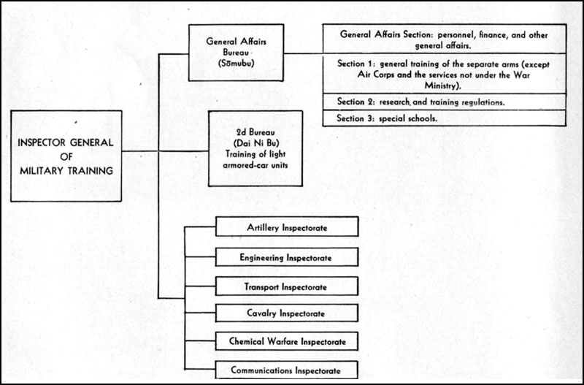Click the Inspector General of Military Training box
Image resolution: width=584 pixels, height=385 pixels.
[66, 156]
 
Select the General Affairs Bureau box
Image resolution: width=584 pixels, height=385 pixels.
[236, 53]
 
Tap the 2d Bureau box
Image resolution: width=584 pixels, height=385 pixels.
[255, 148]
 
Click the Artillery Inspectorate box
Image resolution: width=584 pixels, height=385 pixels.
[287, 226]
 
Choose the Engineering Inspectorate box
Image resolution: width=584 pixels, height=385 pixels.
[287, 257]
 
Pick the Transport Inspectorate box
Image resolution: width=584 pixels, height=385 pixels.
[287, 286]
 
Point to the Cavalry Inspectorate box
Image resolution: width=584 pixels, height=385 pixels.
[287, 313]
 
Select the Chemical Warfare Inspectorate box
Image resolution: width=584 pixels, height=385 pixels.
[287, 341]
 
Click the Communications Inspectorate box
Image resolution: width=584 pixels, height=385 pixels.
[287, 370]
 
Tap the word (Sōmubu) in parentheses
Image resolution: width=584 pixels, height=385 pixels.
[236, 63]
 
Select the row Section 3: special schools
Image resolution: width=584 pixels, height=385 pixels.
[445, 118]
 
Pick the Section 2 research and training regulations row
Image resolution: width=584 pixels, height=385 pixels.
[445, 102]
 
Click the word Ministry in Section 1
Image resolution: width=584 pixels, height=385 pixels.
[442, 86]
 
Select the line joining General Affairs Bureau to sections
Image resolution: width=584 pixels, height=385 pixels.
[303, 53]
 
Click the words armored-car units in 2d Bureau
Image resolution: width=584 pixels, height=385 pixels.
[255, 164]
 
